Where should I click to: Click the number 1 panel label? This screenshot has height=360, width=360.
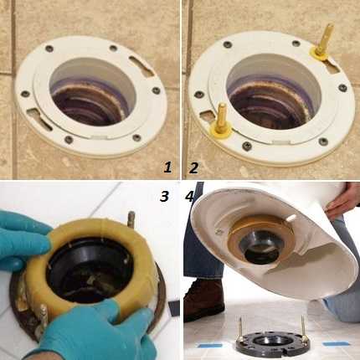click(x=167, y=167)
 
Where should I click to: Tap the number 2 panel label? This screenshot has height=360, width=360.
click(x=193, y=167)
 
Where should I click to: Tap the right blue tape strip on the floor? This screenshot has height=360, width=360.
click(x=336, y=343)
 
